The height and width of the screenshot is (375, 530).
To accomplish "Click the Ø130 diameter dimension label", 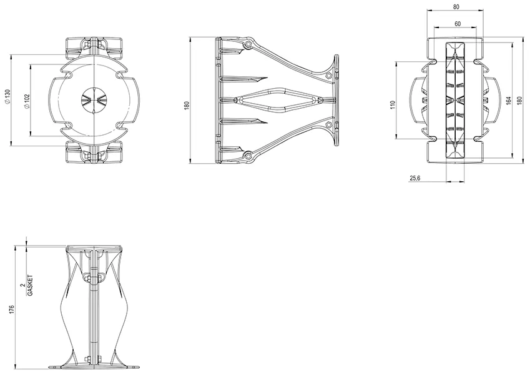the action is coord(7,97).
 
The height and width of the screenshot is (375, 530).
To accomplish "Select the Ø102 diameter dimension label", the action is coord(27,101).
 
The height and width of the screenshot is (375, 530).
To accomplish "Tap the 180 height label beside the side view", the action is coord(187,105).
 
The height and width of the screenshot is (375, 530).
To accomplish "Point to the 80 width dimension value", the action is coord(456,7).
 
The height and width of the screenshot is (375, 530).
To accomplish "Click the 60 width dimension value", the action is coord(458,24).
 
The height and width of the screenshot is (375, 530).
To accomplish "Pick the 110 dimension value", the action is coord(393,104).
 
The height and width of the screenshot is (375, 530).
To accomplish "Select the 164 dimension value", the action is coord(508,101).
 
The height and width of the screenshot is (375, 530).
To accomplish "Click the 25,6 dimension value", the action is coord(415,178).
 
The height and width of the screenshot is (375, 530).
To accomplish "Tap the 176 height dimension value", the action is coord(12,309).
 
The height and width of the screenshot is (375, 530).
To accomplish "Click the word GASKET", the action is coord(31,285).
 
